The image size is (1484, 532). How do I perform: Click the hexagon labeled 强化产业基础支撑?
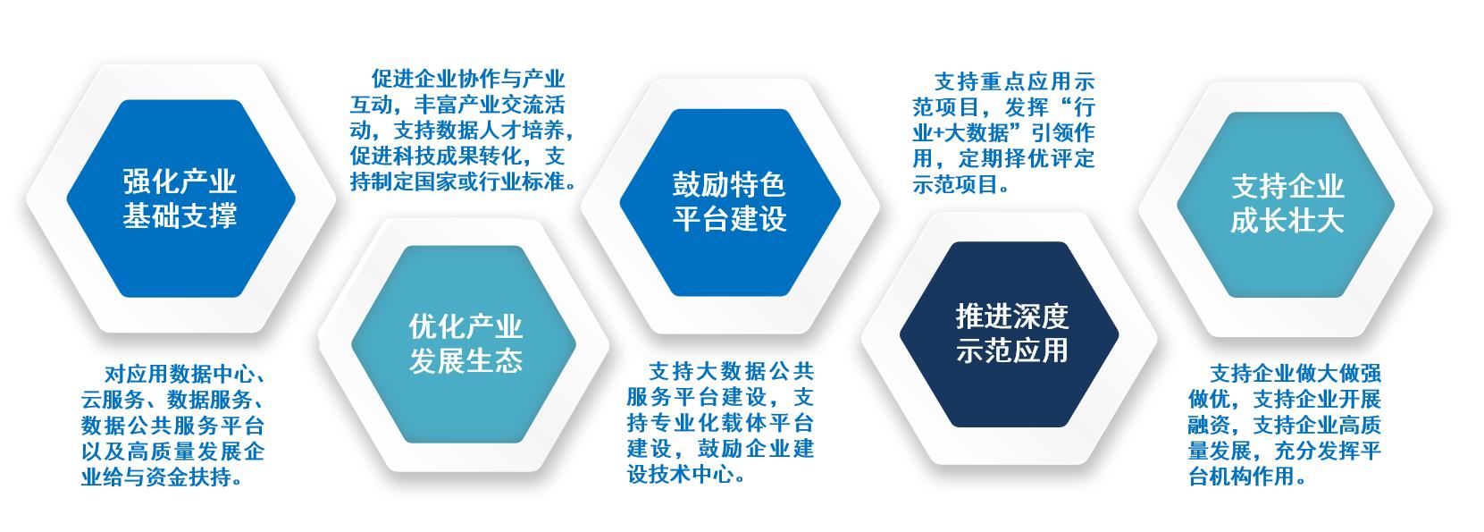click(x=180, y=198)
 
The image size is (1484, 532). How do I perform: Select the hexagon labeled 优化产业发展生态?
click(x=464, y=344)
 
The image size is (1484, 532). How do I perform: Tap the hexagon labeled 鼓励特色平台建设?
click(x=730, y=202)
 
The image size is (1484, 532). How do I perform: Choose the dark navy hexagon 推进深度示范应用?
click(x=1009, y=334)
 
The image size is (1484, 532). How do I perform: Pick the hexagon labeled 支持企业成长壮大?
click(x=1286, y=205)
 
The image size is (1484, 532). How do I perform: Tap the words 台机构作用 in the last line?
click(x=1242, y=477)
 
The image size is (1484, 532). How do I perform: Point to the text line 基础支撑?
click(x=180, y=216)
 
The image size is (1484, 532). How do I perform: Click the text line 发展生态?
click(x=465, y=361)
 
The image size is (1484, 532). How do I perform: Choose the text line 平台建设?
click(x=729, y=219)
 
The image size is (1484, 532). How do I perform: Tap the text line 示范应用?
click(x=1011, y=350)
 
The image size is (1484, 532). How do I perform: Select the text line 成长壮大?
click(x=1287, y=221)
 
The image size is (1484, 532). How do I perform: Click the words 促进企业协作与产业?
click(x=468, y=79)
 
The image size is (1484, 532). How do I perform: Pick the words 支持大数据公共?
click(x=732, y=371)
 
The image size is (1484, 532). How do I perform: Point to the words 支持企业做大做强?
click(x=1295, y=374)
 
